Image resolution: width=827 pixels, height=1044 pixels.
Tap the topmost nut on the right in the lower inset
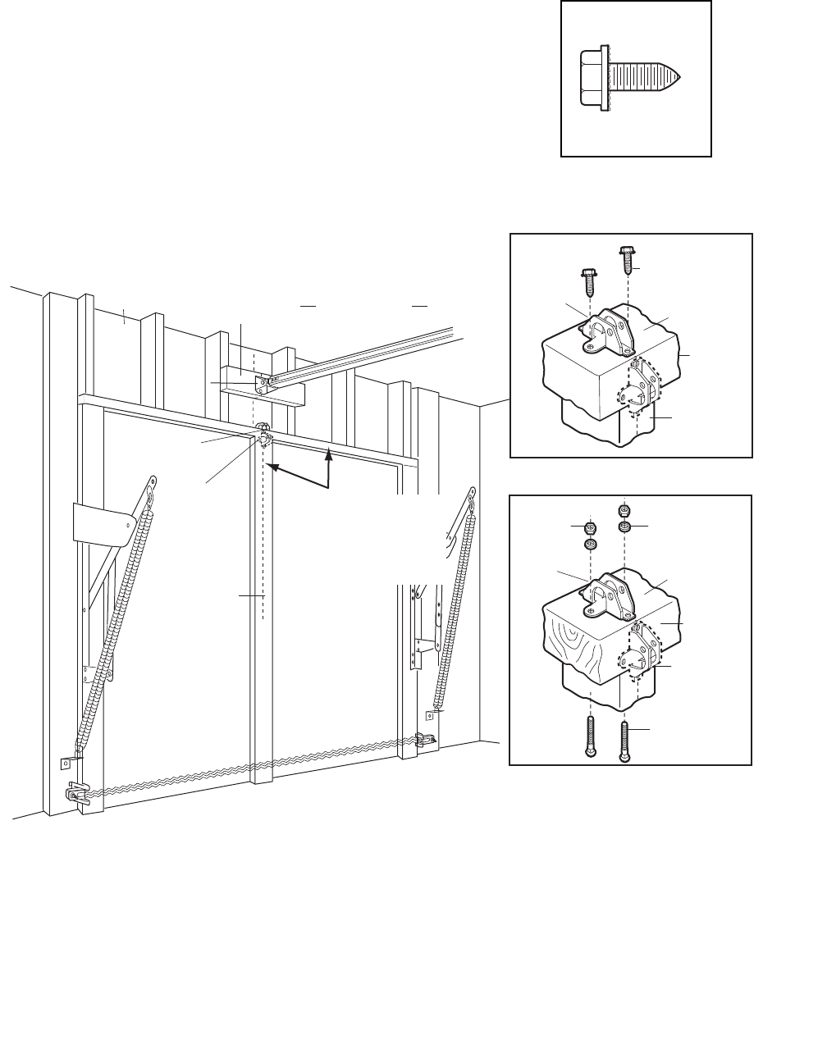click(624, 507)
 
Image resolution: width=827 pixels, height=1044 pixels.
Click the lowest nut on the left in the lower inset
click(589, 545)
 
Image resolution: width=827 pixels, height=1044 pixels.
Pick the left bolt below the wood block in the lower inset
click(589, 737)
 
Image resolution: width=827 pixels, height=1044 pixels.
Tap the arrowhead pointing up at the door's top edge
click(328, 451)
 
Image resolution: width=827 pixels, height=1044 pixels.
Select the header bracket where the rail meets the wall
click(263, 382)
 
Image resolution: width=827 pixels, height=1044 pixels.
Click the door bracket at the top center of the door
click(264, 435)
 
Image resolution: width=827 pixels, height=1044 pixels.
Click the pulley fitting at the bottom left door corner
click(76, 794)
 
